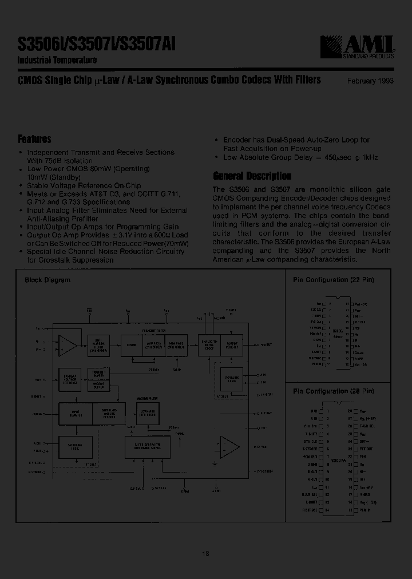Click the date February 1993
[370, 81]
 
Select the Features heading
[35, 139]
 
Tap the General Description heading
[252, 176]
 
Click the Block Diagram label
[47, 280]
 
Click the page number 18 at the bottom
[205, 553]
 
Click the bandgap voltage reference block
[71, 379]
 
